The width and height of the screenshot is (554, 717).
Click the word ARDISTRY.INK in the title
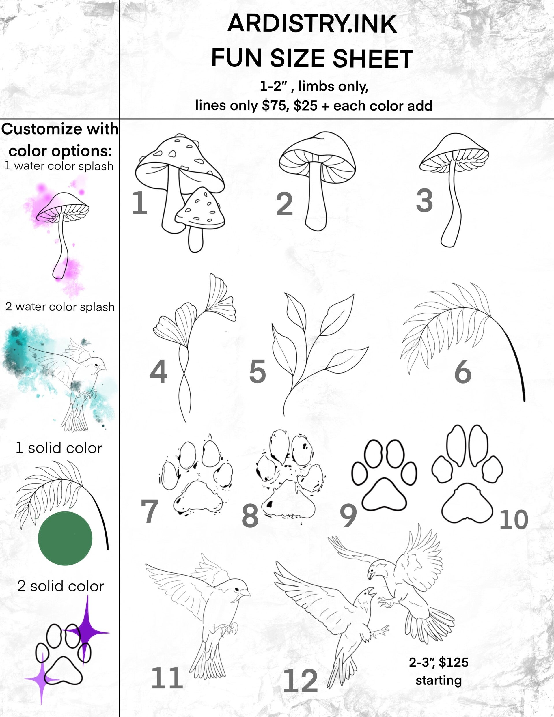coord(312,24)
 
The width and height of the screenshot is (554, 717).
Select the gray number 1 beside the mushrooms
coord(139,203)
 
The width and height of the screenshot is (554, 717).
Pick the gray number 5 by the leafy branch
coord(258,371)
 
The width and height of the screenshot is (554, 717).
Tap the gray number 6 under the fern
coord(463,372)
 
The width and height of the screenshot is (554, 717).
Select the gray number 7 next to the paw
coord(150,511)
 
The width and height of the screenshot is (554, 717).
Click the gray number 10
coord(514,520)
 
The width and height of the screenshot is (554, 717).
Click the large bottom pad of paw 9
coord(384,495)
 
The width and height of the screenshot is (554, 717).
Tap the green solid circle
coord(65,538)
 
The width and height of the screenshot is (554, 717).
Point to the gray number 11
coord(167,678)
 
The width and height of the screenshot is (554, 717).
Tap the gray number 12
coord(300,681)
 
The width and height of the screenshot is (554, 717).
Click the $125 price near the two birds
coord(454,662)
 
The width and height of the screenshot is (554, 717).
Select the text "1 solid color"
coord(59,448)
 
